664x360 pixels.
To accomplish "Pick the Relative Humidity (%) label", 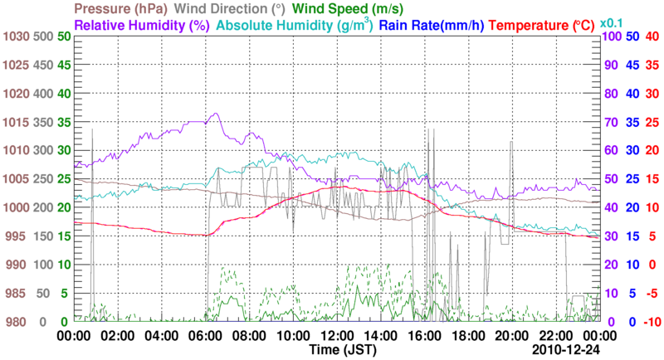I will pos(141,26).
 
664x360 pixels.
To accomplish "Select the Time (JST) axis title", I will pos(335,351).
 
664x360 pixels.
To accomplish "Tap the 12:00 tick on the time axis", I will pos(335,336).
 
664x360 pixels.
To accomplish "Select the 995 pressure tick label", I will pos(17,236).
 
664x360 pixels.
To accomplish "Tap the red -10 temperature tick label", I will pos(651,322).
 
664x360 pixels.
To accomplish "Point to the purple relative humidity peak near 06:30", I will pos(217,114).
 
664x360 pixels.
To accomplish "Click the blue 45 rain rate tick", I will pos(631,66).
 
